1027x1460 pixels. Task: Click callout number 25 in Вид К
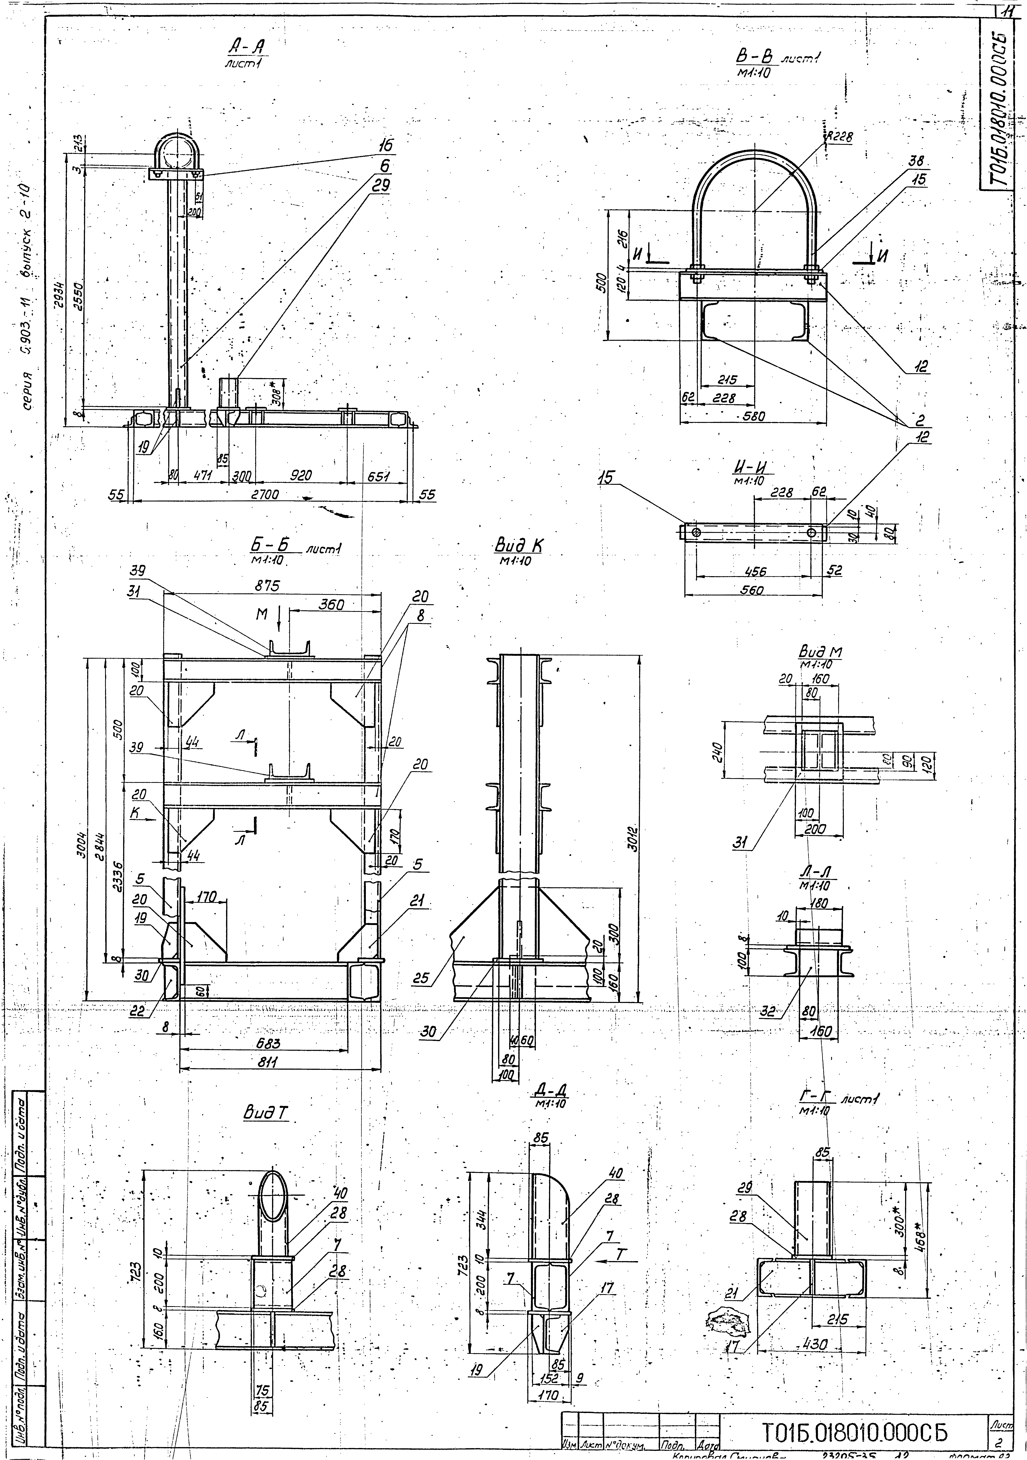pos(420,978)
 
